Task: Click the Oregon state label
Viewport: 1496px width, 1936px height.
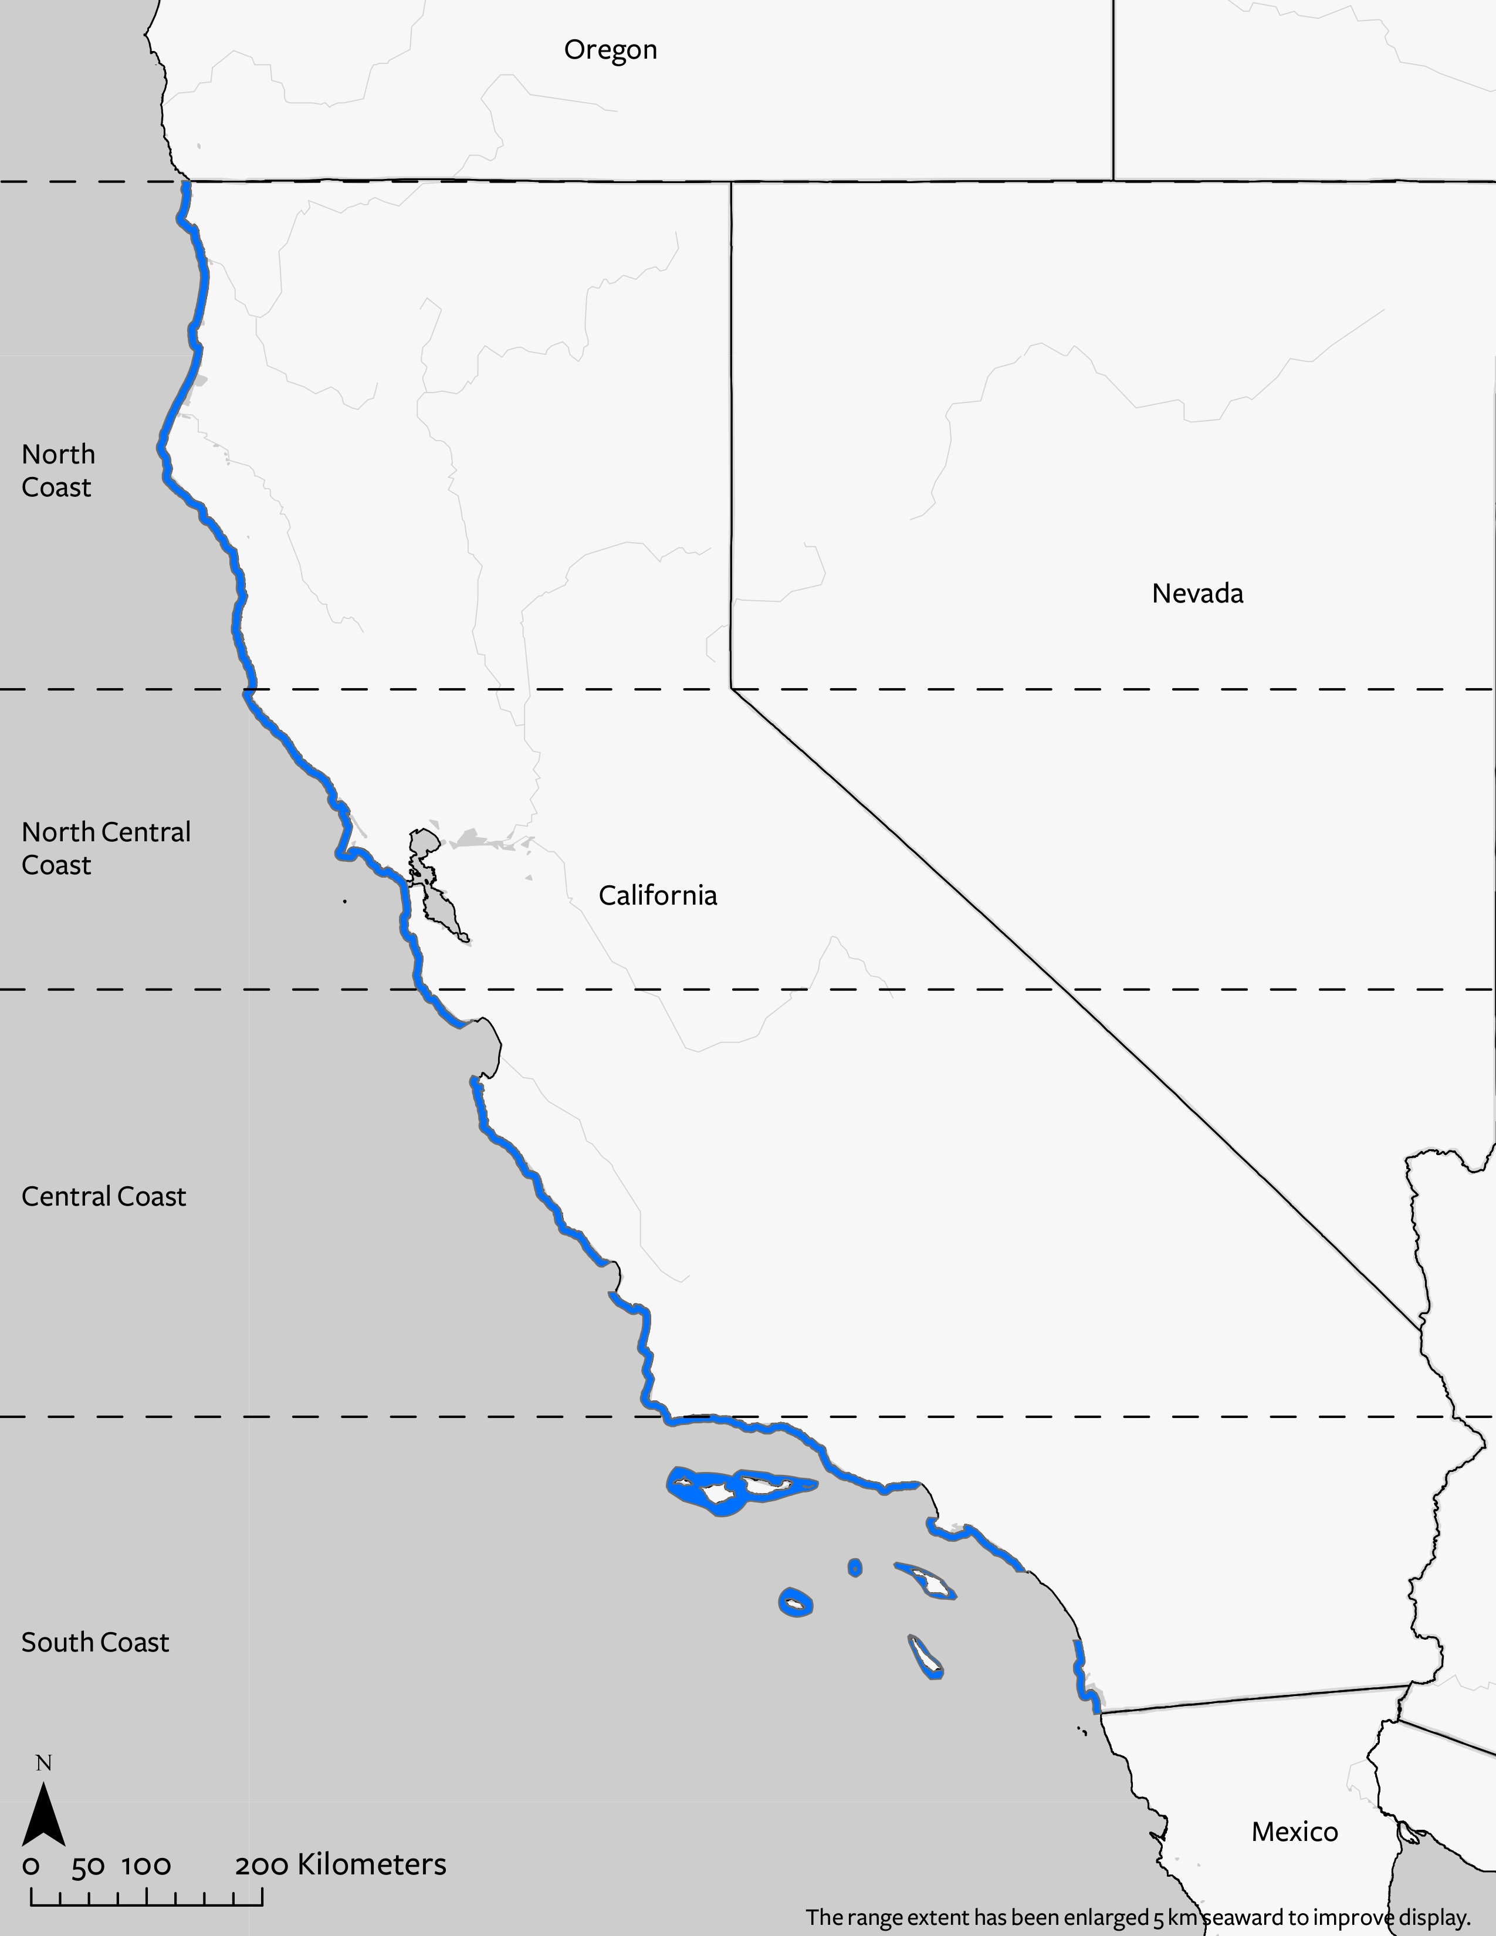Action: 611,50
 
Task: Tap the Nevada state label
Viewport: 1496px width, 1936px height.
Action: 1197,593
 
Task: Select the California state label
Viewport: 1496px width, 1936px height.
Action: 658,895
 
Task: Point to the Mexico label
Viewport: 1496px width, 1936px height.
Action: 1294,1832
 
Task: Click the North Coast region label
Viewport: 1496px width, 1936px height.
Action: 57,471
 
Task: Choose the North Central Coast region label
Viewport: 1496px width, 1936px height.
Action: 106,848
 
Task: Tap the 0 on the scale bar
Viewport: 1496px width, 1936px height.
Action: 31,1866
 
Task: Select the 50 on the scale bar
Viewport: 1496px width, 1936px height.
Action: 88,1866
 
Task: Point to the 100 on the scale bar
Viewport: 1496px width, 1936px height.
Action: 146,1866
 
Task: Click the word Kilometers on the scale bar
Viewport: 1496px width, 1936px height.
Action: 371,1864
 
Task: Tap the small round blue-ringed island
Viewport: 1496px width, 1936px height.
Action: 854,1567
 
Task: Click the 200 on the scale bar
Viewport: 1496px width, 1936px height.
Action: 262,1866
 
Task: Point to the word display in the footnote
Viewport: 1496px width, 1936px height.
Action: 1434,1917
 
